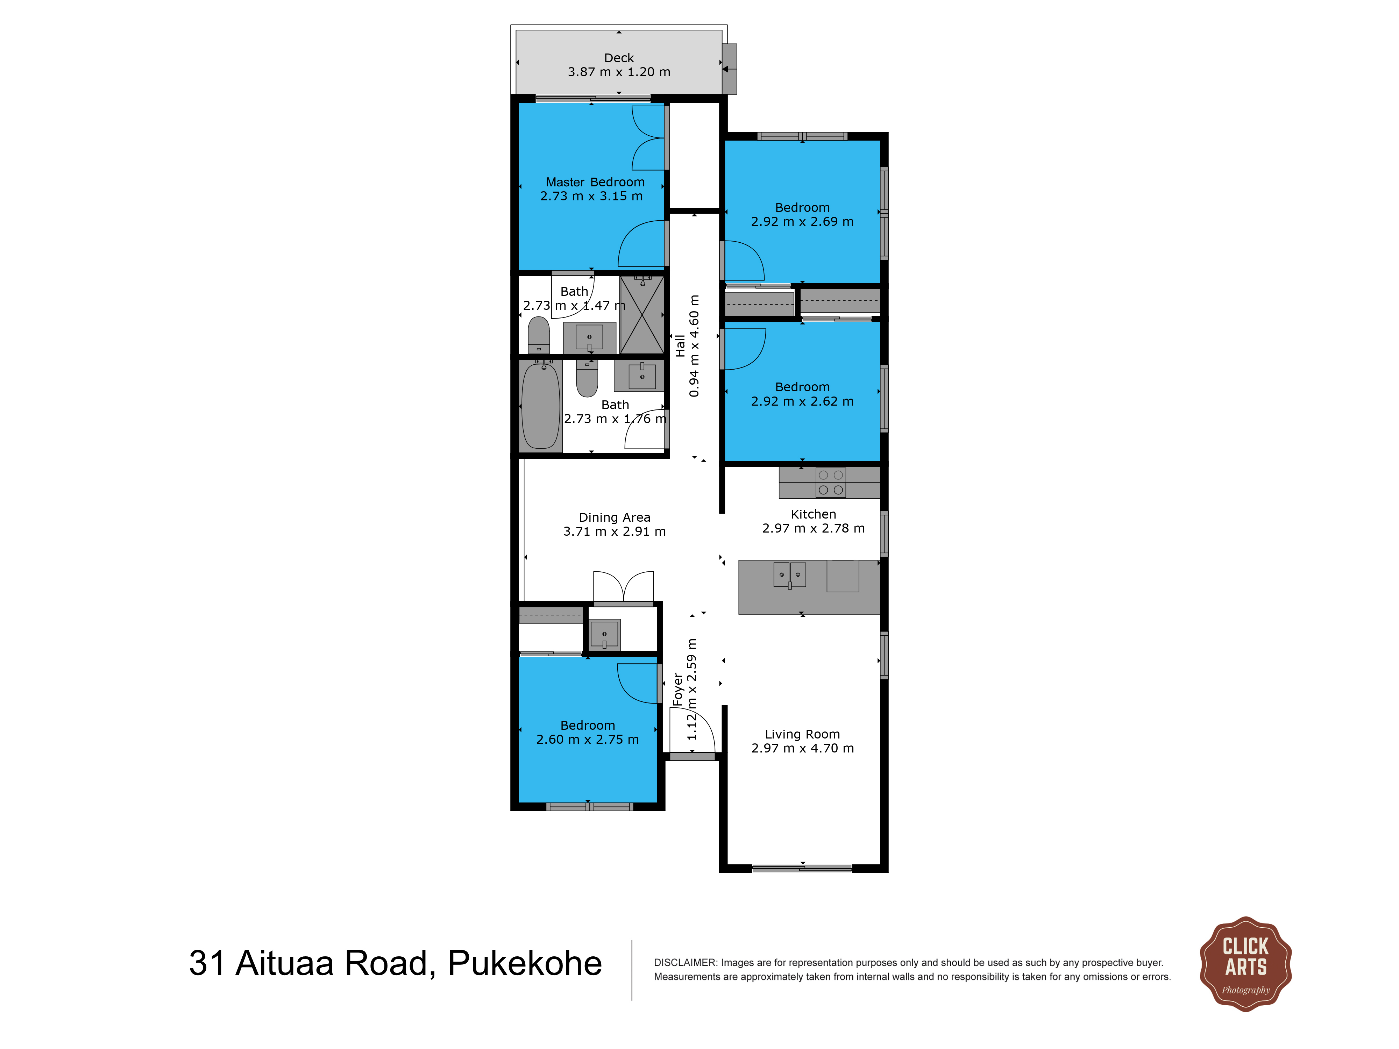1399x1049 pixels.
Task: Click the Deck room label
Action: [x=619, y=58]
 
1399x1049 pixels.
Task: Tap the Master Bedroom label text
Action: [x=595, y=182]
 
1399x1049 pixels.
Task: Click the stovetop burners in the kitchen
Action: [x=830, y=483]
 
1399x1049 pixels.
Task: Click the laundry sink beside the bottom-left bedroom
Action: [x=605, y=634]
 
